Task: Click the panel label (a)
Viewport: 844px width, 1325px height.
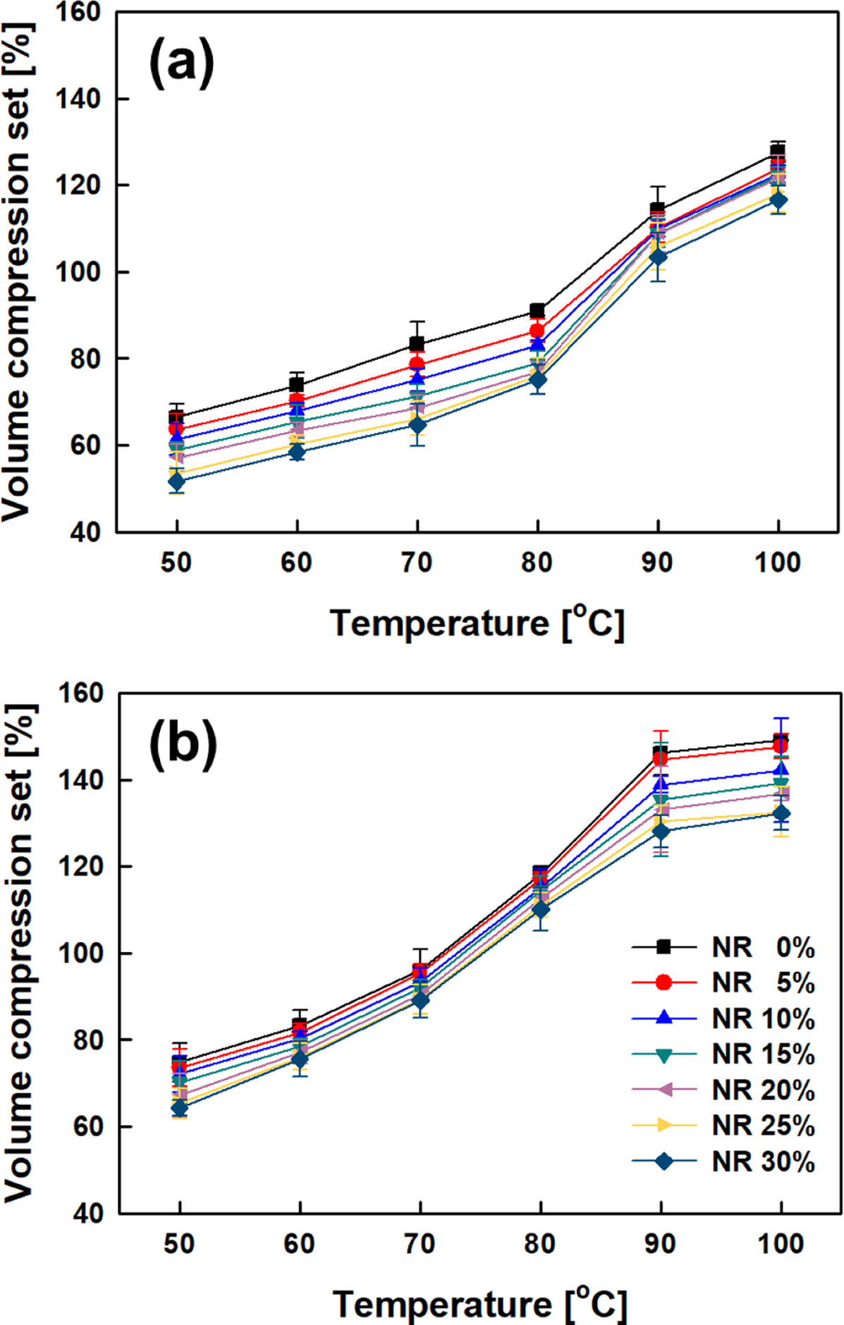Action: (x=181, y=63)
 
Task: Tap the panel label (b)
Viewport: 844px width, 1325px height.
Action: (x=183, y=744)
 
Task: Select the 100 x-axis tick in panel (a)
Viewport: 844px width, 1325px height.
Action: (x=778, y=562)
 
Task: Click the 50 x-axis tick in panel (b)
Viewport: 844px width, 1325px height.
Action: (x=179, y=1244)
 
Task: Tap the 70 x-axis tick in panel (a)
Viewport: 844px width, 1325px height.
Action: (x=417, y=562)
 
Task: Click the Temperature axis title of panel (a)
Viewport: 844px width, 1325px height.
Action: (x=477, y=623)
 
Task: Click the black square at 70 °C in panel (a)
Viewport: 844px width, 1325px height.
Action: (x=417, y=344)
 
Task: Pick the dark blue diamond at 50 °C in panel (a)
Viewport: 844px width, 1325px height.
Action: (x=176, y=481)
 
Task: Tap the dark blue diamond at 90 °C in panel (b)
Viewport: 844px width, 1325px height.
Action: (x=661, y=832)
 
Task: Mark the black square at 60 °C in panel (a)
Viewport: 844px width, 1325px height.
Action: (x=297, y=385)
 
